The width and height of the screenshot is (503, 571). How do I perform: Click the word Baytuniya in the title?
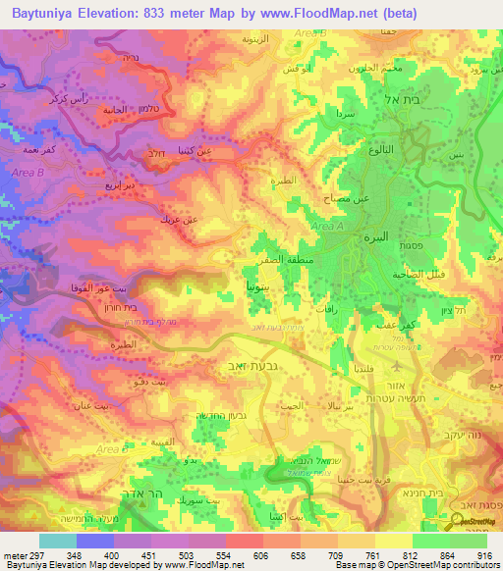(49, 13)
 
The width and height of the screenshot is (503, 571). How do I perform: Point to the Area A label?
(328, 227)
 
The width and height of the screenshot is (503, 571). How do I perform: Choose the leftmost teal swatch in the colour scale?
(56, 541)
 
